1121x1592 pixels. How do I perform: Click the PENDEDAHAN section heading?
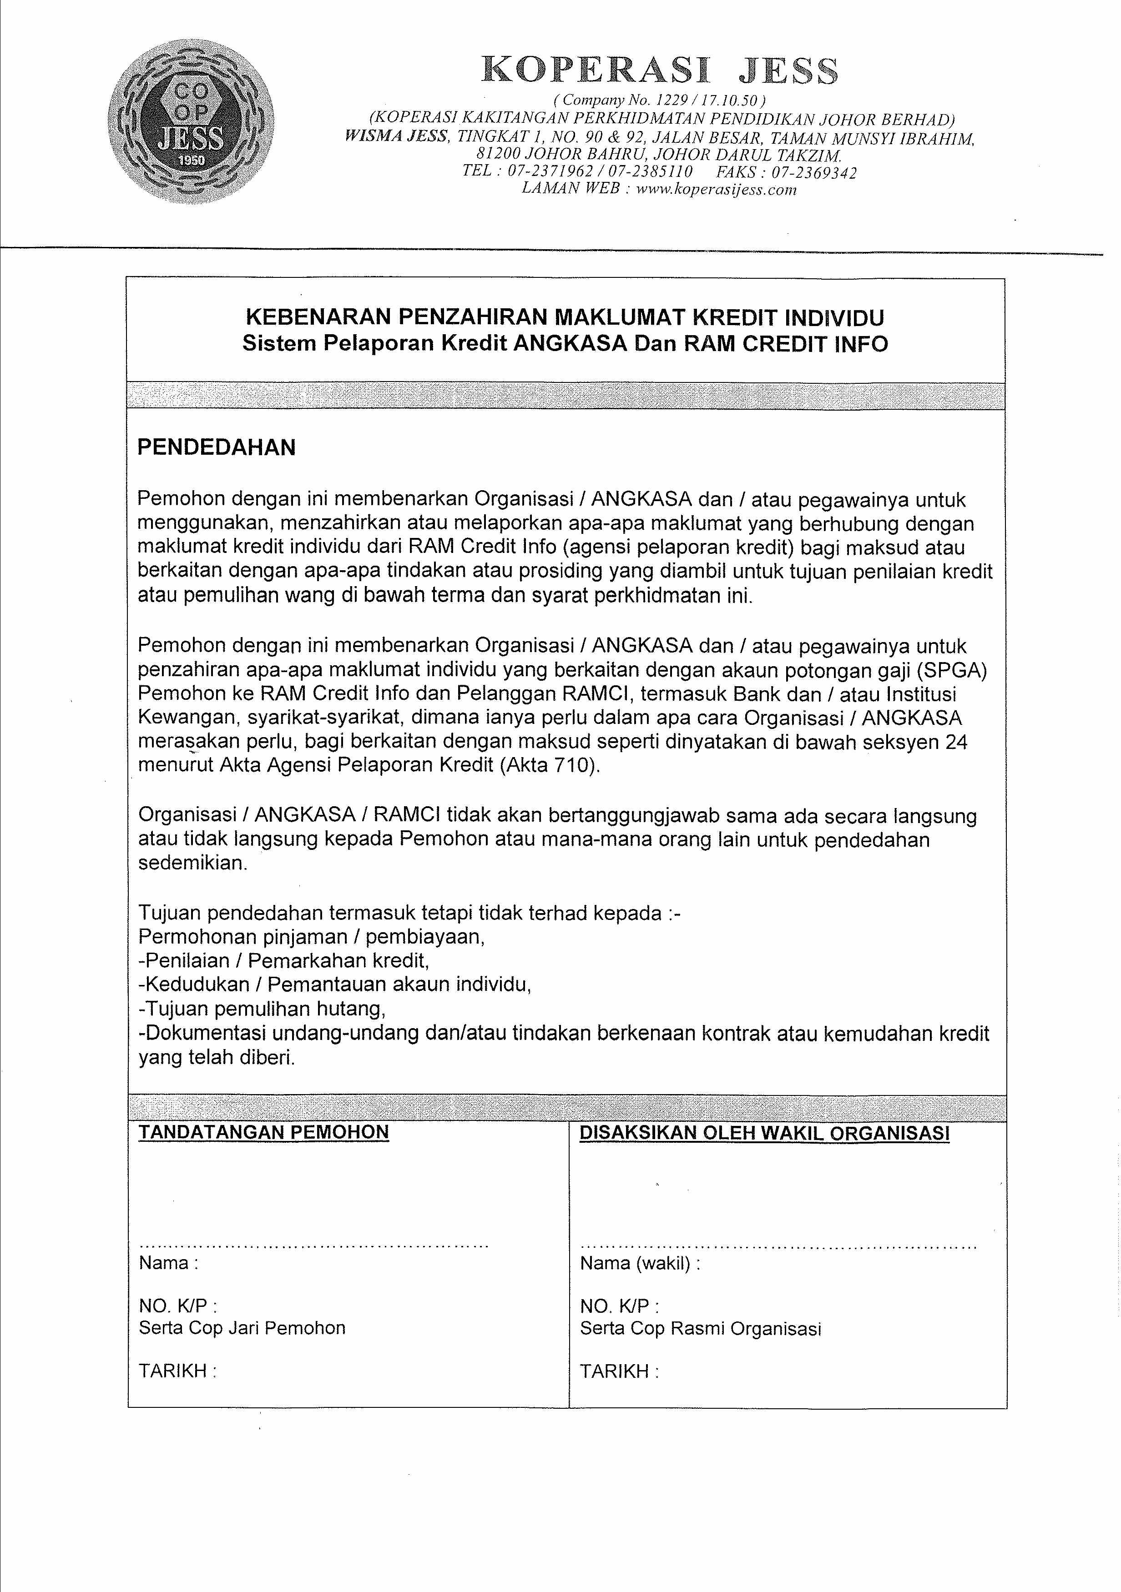pos(217,447)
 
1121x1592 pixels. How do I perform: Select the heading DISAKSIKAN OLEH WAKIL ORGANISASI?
pos(764,1133)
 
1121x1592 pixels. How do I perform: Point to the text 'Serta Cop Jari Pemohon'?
pos(242,1328)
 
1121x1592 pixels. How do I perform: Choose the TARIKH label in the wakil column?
pos(619,1371)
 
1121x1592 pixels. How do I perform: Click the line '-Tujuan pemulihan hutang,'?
pos(262,1008)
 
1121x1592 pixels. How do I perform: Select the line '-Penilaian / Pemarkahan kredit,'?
pos(284,960)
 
